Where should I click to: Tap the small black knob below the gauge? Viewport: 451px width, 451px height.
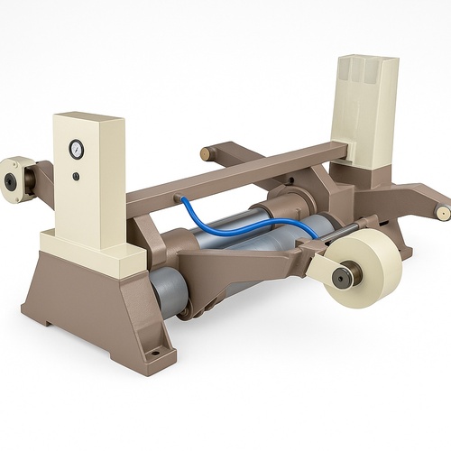pos(77,175)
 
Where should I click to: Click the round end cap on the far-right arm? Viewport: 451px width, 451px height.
pos(443,212)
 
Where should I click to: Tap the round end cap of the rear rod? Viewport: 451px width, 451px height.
pos(205,154)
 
